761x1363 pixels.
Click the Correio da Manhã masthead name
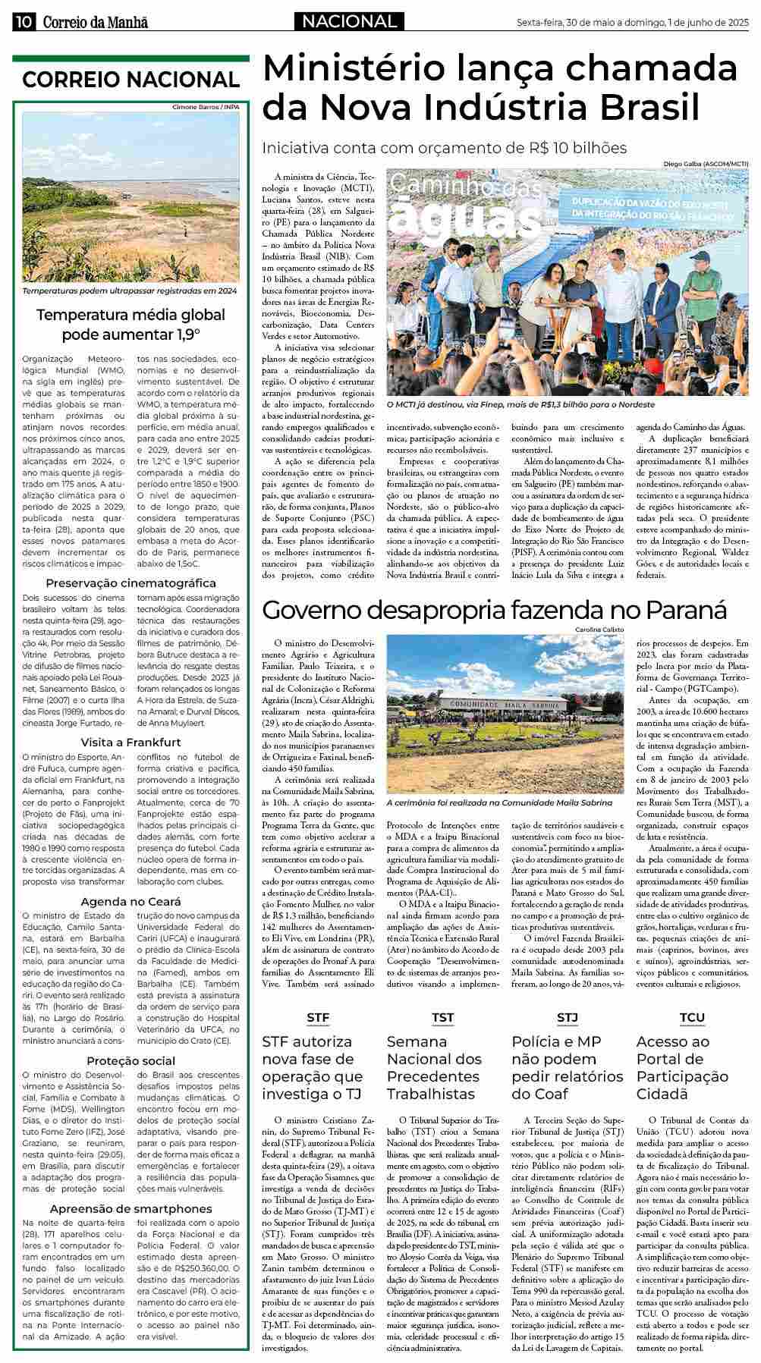point(95,23)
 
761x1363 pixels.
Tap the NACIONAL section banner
point(349,22)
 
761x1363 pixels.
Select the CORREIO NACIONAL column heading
point(131,80)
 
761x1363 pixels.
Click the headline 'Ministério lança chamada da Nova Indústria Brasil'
point(499,88)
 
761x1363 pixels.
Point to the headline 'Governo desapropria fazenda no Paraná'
point(494,610)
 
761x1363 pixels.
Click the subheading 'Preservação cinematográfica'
point(131,583)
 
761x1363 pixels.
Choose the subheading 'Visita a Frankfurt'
point(131,742)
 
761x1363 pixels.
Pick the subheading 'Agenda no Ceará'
point(131,902)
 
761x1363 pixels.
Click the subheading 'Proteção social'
point(131,1060)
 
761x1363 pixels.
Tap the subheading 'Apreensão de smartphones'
point(131,1209)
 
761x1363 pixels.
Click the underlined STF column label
point(318,1018)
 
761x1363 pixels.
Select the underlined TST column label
point(442,1018)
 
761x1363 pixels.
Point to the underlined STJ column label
point(568,1018)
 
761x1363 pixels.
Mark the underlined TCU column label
point(692,1018)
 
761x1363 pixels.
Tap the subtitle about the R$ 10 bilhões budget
point(445,147)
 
